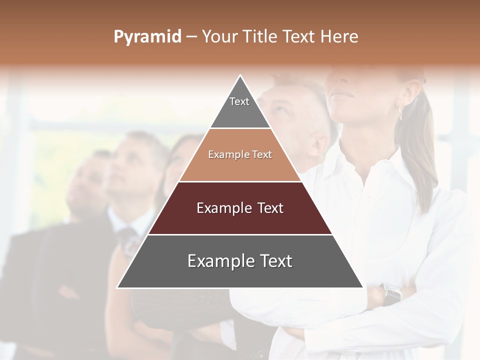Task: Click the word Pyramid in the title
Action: [147, 36]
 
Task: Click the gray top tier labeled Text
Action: [239, 107]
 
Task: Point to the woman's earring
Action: [400, 113]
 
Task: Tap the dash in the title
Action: [191, 36]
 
